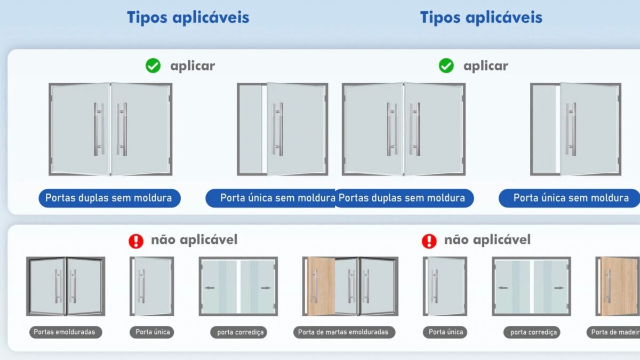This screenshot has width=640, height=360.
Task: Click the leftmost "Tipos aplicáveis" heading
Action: (188, 18)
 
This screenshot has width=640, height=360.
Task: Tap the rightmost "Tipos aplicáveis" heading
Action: (481, 18)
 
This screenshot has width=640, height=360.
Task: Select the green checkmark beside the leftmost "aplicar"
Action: (153, 66)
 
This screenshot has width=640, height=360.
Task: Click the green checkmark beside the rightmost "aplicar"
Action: (446, 66)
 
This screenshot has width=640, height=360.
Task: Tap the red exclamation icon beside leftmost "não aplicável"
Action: (136, 241)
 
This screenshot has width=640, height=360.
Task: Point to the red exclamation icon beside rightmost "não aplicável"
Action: (429, 241)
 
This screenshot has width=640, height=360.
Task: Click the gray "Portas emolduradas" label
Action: (66, 332)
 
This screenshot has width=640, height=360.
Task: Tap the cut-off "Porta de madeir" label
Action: (613, 332)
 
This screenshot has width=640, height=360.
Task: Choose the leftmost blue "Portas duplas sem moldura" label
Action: (109, 198)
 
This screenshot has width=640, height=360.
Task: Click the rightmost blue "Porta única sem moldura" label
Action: (570, 198)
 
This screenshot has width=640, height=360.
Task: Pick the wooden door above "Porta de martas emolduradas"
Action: (321, 286)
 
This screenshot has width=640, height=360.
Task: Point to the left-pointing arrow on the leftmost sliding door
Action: (210, 287)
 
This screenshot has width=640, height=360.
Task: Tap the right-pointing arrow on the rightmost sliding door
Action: (559, 288)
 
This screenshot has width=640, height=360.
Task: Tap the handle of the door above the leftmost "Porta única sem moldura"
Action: (278, 129)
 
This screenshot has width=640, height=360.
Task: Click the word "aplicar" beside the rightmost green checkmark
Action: (486, 66)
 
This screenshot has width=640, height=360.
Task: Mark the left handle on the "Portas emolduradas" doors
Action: (58, 286)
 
